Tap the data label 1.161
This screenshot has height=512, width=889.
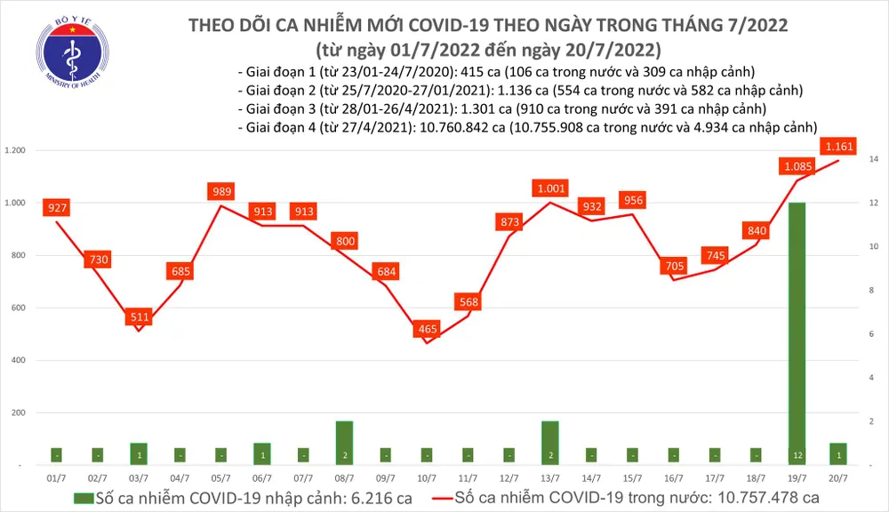click(838, 145)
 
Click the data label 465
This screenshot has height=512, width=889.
click(427, 331)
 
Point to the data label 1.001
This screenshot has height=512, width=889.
click(550, 188)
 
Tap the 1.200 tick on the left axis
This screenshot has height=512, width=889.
click(17, 151)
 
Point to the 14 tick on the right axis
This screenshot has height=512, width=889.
click(874, 159)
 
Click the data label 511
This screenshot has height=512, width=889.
click(139, 316)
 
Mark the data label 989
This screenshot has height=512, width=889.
click(221, 191)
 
